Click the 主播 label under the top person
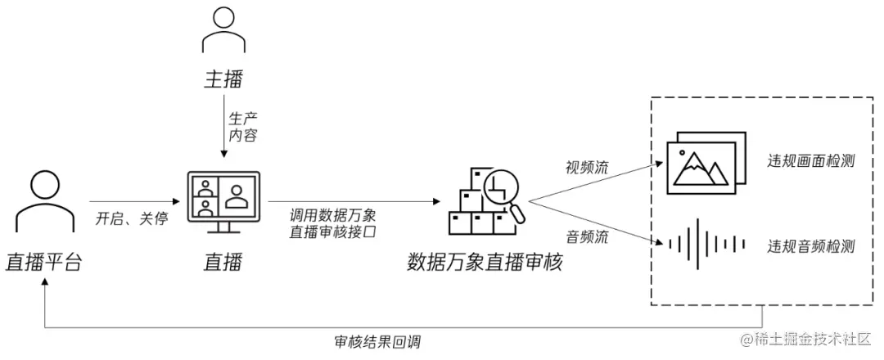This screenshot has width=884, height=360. (223, 79)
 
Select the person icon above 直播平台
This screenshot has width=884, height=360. (43, 204)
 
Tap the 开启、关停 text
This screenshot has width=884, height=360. (131, 219)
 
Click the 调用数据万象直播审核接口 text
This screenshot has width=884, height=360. (333, 223)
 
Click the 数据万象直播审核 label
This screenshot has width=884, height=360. (485, 263)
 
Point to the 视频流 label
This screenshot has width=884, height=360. (587, 167)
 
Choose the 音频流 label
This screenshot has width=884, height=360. (587, 237)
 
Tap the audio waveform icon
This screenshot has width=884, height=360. (706, 244)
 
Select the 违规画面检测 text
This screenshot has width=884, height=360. (811, 160)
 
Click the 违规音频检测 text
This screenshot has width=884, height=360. (811, 245)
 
